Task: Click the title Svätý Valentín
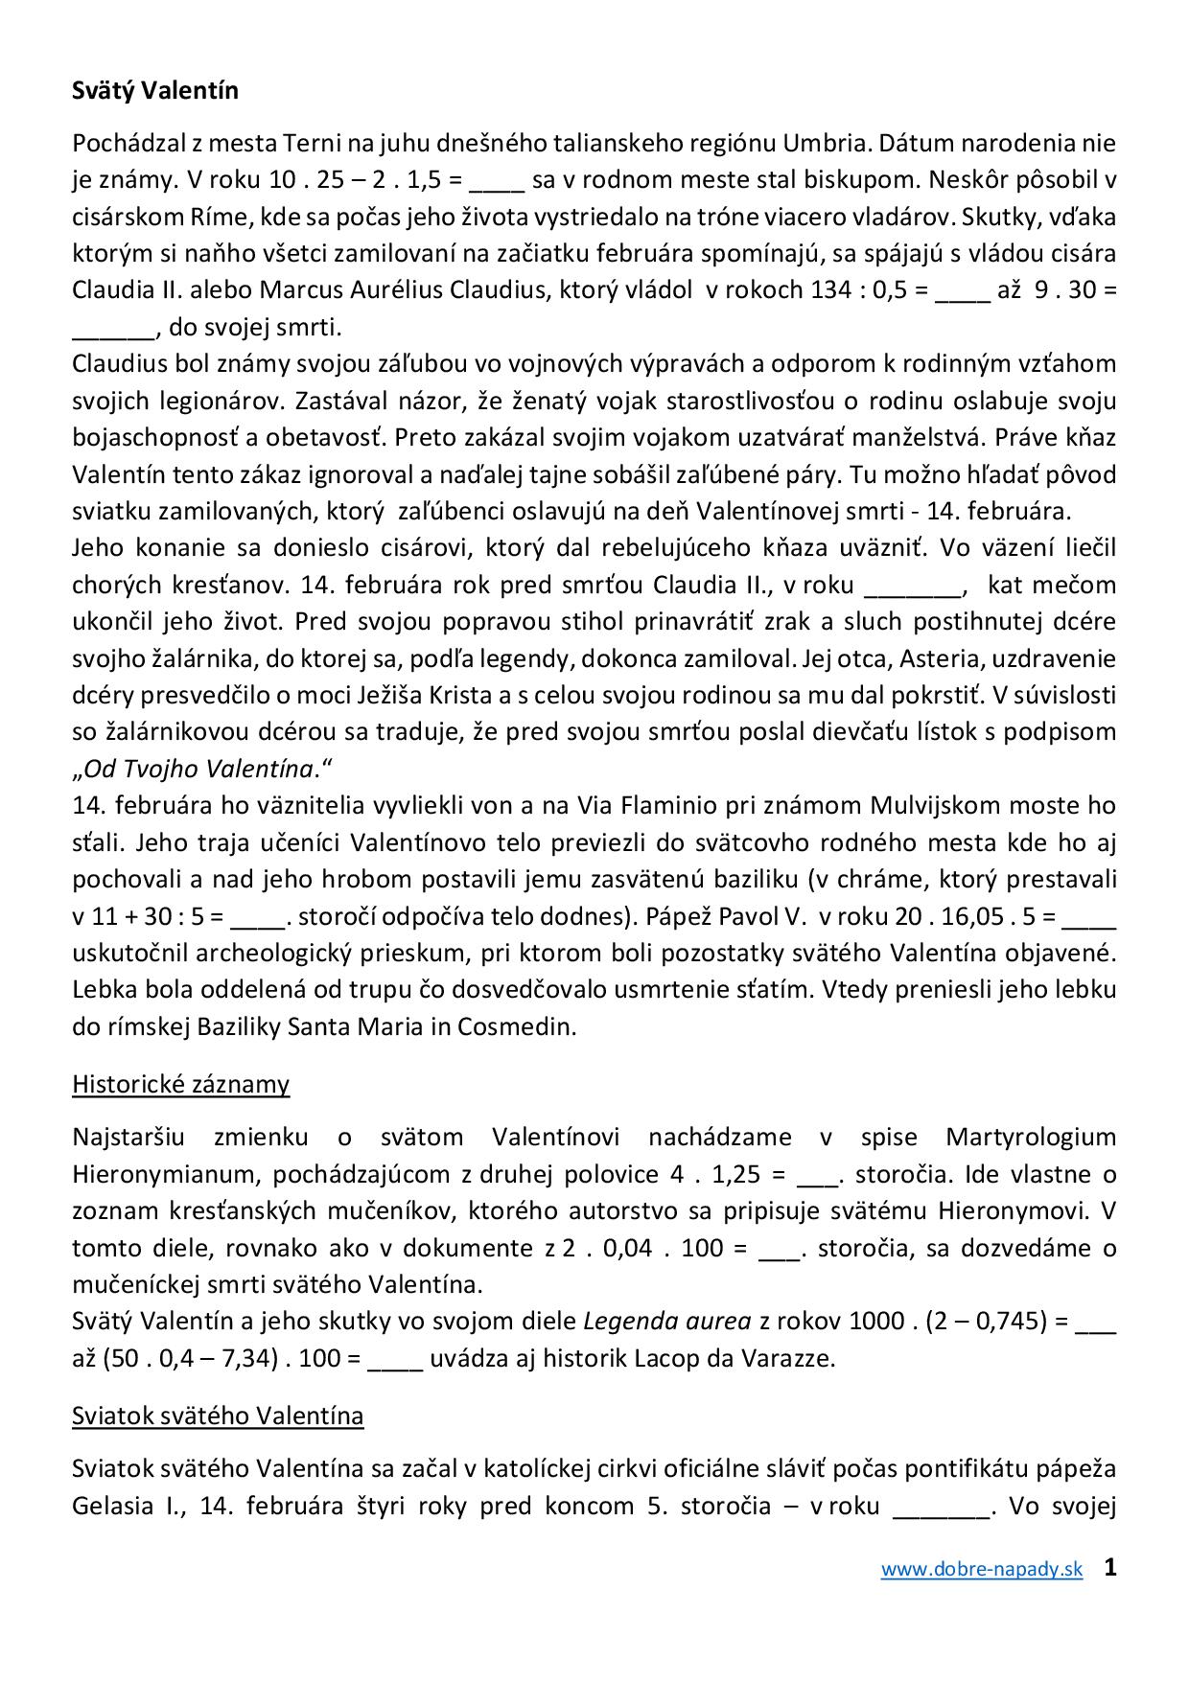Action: (x=155, y=91)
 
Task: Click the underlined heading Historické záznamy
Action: (x=180, y=1084)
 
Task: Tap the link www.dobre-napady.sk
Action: (x=982, y=1570)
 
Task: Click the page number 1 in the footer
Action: (x=1109, y=1568)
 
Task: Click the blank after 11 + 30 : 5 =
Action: (x=259, y=916)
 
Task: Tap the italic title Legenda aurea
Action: (x=667, y=1322)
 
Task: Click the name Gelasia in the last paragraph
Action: (x=112, y=1506)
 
